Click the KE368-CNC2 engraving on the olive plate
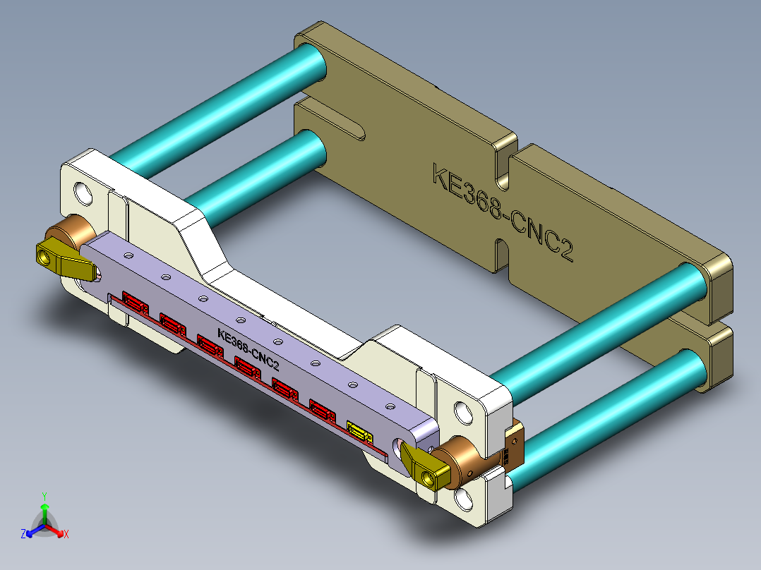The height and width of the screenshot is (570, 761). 502,212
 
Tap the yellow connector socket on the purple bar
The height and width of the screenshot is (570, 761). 359,431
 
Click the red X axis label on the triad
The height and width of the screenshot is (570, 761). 66,535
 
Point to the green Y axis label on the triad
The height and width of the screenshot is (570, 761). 44,495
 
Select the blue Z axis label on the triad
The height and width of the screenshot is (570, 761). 23,535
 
